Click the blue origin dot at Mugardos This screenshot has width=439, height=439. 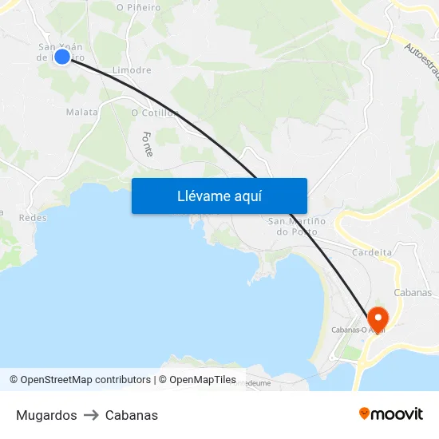61,56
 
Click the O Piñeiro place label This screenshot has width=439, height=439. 138,7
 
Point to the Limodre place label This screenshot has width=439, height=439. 132,70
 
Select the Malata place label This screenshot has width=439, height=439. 81,113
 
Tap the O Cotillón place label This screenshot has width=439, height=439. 154,113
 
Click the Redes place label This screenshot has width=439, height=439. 33,217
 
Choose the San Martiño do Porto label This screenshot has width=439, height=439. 296,226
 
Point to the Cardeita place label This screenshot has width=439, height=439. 372,252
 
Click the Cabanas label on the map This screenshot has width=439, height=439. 413,292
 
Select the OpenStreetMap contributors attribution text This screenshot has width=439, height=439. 81,380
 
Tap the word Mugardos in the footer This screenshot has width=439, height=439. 46,415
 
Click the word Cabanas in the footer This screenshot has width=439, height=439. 132,415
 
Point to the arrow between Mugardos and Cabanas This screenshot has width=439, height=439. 91,415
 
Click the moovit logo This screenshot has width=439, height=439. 391,413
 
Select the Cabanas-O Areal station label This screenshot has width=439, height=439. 358,330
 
